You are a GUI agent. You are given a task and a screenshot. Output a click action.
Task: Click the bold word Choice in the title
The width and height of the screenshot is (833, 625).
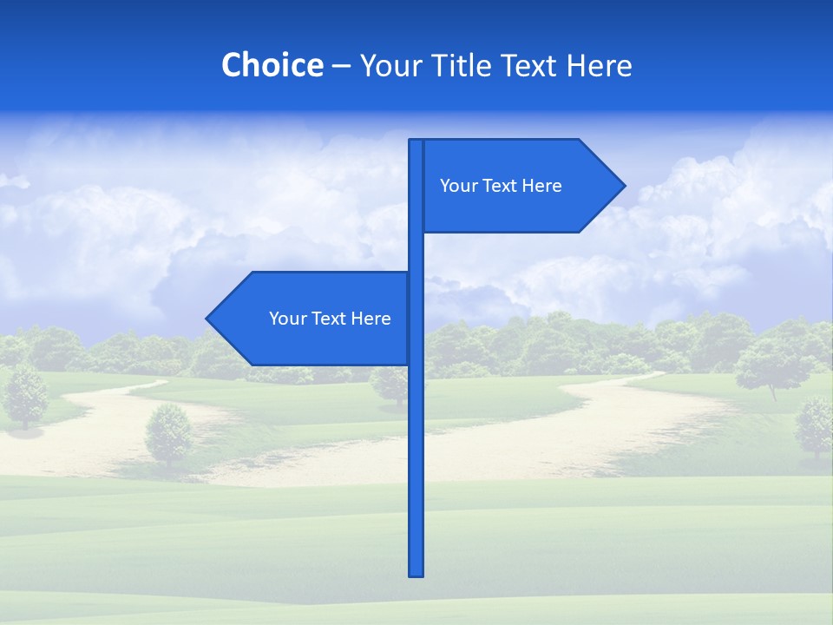[x=272, y=65]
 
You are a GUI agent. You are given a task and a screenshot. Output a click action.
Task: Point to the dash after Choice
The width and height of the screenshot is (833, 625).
[x=341, y=67]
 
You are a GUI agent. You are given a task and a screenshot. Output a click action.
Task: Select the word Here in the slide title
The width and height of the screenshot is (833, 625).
[x=599, y=65]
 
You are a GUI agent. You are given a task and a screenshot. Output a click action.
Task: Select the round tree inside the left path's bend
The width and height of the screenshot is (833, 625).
[x=168, y=433]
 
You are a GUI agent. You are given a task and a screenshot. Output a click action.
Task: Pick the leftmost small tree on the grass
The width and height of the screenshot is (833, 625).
[x=26, y=395]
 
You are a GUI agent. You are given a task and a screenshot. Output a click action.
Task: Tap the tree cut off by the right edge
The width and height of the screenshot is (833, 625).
[x=816, y=425]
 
